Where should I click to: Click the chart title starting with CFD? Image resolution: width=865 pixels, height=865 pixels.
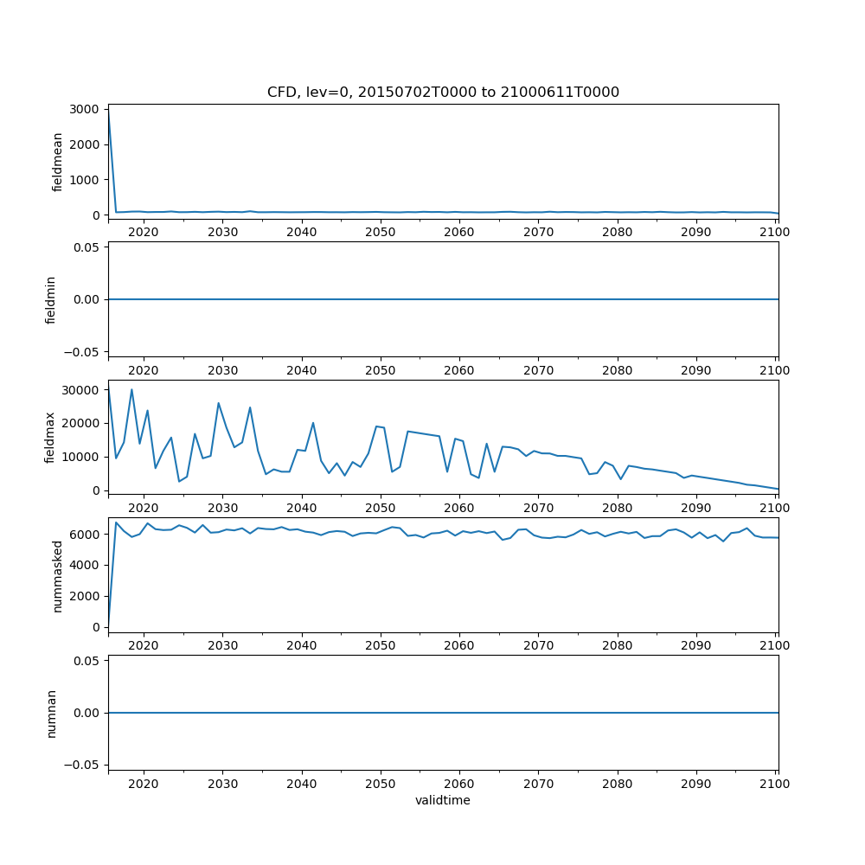pyautogui.click(x=443, y=93)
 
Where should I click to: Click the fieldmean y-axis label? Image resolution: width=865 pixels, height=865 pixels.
pyautogui.click(x=58, y=162)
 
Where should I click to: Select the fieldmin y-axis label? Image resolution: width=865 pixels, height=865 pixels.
pyautogui.click(x=51, y=299)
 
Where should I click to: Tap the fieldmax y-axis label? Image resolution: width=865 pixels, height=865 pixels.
pyautogui.click(x=51, y=437)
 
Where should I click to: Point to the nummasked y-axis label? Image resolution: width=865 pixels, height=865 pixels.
pyautogui.click(x=58, y=576)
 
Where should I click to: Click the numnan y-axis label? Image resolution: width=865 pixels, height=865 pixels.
pyautogui.click(x=51, y=713)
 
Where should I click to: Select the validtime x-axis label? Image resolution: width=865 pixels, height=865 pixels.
pyautogui.click(x=443, y=801)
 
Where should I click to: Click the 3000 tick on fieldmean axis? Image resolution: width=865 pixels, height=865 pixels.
pyautogui.click(x=86, y=109)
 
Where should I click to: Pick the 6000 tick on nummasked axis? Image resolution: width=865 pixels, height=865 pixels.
pyautogui.click(x=86, y=535)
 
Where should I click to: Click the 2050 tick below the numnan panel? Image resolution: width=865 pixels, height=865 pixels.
pyautogui.click(x=380, y=783)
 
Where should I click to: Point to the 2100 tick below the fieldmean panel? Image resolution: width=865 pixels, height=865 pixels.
pyautogui.click(x=775, y=232)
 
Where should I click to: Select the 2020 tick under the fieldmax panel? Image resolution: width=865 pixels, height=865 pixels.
pyautogui.click(x=143, y=507)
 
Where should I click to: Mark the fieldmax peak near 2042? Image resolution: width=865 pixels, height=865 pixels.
pyautogui.click(x=313, y=423)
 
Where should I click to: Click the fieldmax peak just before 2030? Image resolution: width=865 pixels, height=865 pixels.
pyautogui.click(x=219, y=403)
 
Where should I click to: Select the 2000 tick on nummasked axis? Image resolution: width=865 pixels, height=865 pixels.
pyautogui.click(x=86, y=596)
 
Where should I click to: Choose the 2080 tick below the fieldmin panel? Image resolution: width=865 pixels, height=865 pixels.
pyautogui.click(x=617, y=369)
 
